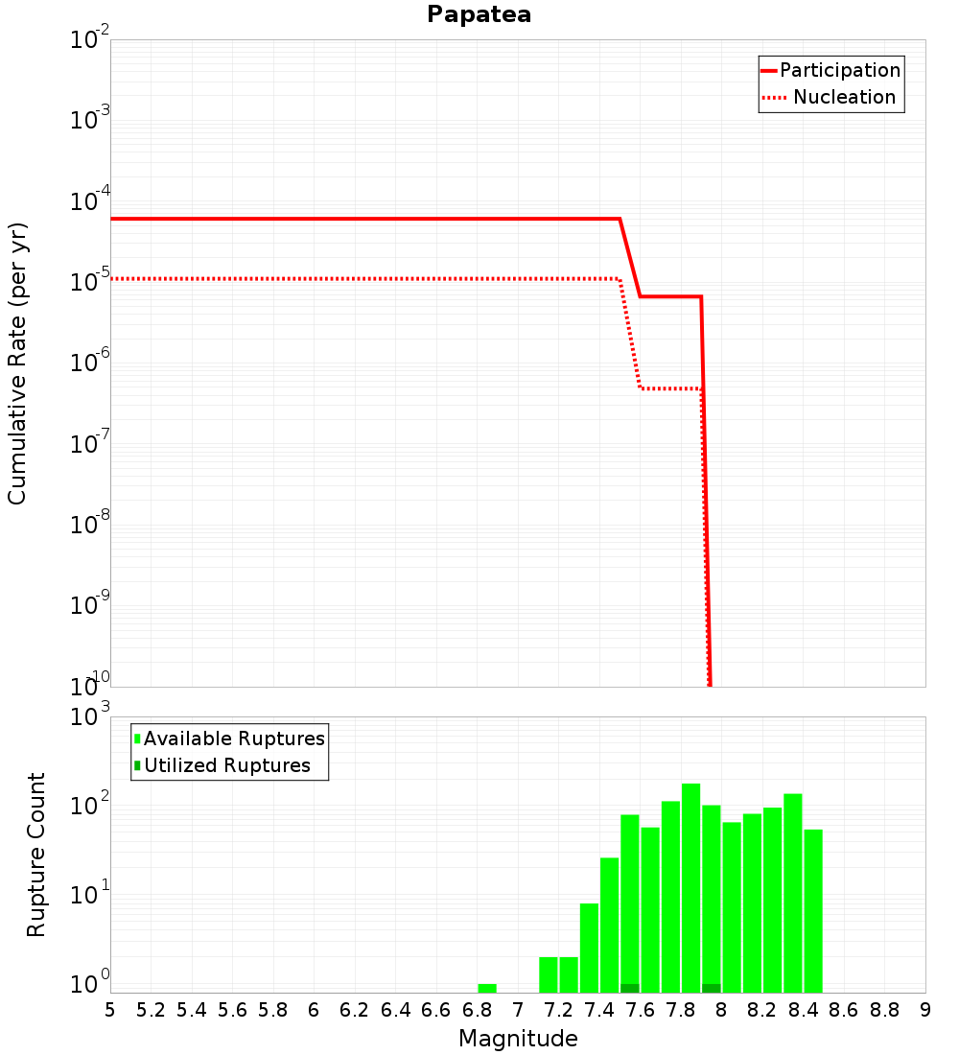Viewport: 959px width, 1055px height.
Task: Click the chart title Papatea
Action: pyautogui.click(x=479, y=15)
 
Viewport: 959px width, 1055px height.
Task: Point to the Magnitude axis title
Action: pyautogui.click(x=518, y=1039)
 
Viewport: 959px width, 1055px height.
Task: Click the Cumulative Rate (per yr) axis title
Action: pyautogui.click(x=17, y=363)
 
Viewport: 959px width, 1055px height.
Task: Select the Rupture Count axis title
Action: pyautogui.click(x=36, y=855)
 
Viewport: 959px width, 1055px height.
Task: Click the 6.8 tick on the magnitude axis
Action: pyautogui.click(x=477, y=1010)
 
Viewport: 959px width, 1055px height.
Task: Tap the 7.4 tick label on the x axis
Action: pyautogui.click(x=599, y=1010)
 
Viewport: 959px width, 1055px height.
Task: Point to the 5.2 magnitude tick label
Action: pyautogui.click(x=151, y=1010)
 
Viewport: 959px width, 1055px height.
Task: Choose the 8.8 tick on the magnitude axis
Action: pyautogui.click(x=884, y=1010)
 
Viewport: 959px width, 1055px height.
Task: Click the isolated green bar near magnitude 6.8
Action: pyautogui.click(x=487, y=988)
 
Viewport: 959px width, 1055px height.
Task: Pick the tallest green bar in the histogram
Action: pyautogui.click(x=691, y=887)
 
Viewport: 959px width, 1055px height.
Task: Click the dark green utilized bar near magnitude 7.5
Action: pyautogui.click(x=630, y=988)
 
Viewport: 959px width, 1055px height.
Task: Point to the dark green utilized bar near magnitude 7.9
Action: pyautogui.click(x=712, y=988)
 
